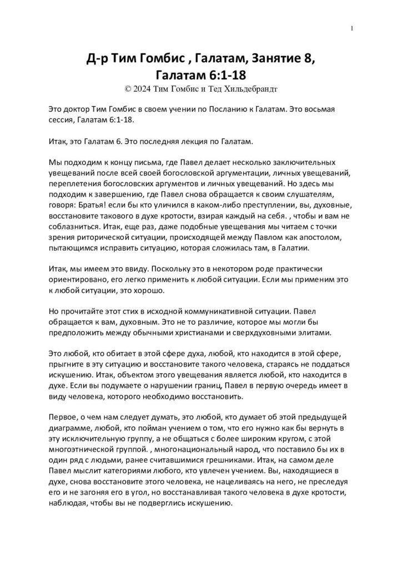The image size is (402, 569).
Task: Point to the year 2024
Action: click(144, 88)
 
